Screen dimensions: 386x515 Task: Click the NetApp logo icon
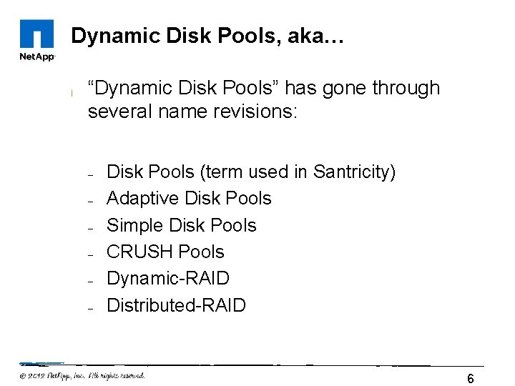[36, 34]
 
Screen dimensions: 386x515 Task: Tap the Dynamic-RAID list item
[168, 279]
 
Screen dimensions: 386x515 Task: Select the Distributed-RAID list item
[176, 305]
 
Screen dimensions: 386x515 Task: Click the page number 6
[470, 378]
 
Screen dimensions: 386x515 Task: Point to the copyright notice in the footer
[82, 375]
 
